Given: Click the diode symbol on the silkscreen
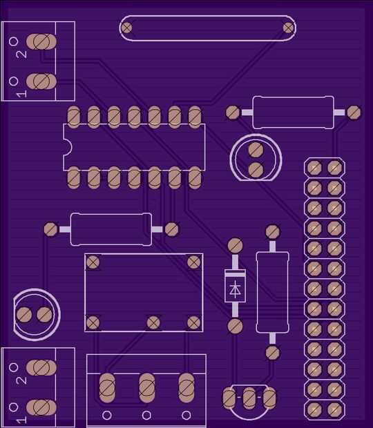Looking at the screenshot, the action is point(235,289).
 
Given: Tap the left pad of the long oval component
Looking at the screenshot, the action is point(126,28).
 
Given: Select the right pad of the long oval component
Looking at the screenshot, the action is point(288,28).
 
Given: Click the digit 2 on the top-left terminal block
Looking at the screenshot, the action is point(22,55).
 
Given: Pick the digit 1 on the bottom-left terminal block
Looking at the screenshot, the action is point(21,420).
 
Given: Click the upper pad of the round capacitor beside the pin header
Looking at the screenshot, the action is point(256,149).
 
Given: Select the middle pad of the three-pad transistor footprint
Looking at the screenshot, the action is point(249,398).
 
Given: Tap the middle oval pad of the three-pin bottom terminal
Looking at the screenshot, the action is point(147,388).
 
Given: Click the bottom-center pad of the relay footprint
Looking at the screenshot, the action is point(153,322).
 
